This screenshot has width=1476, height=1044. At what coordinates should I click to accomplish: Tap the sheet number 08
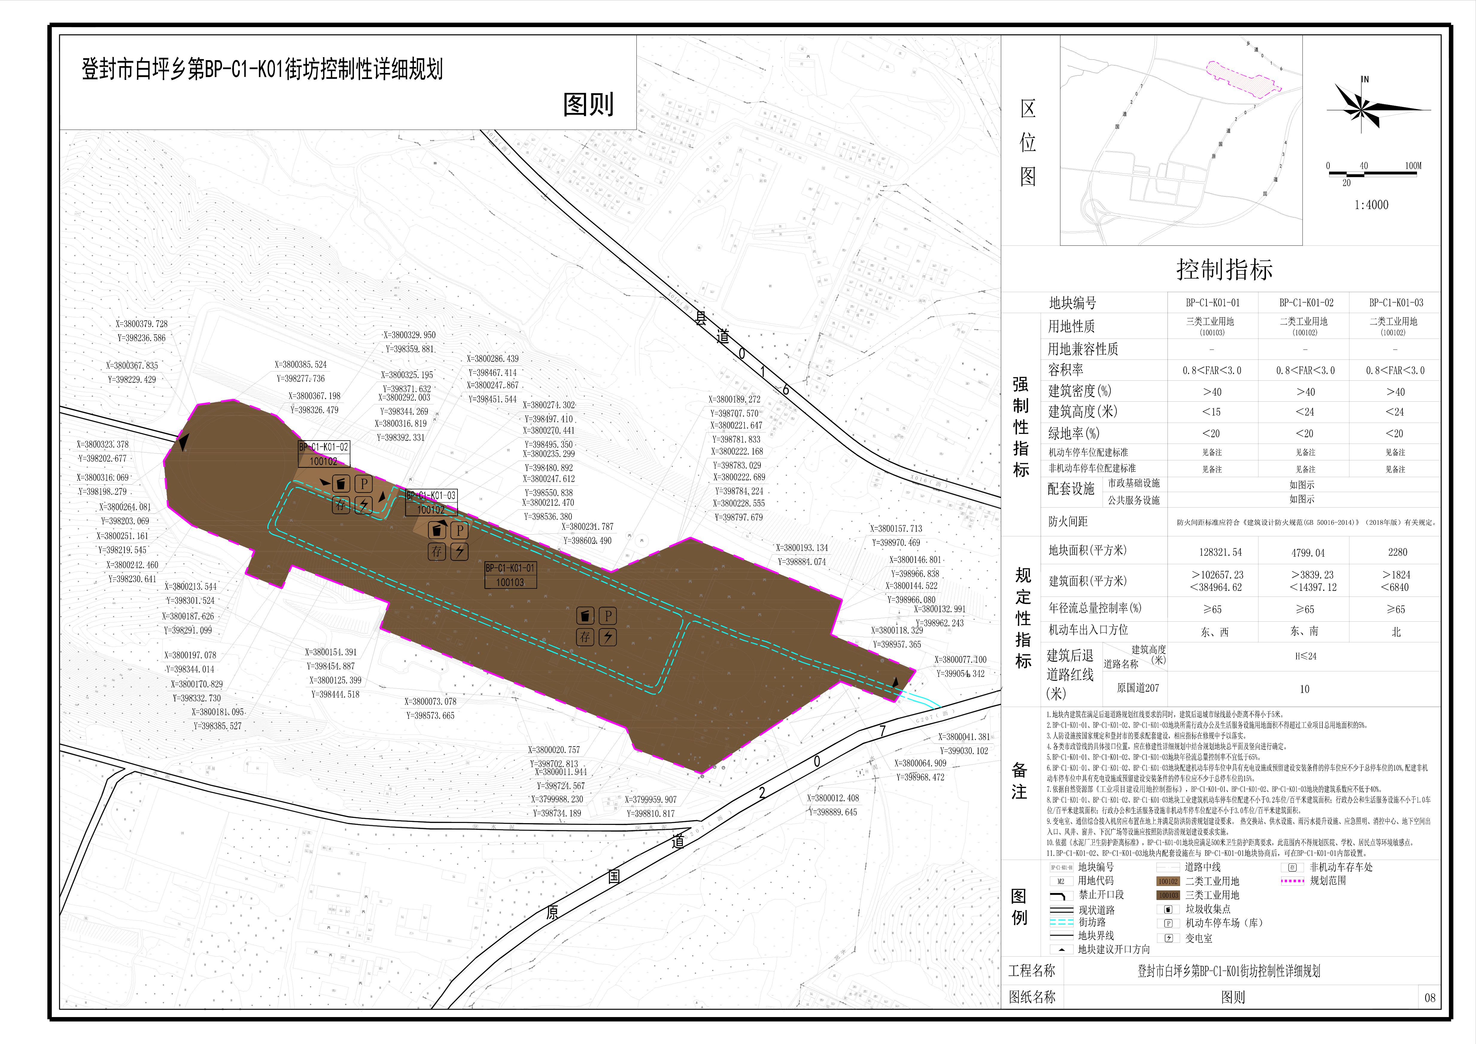pos(1430,998)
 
